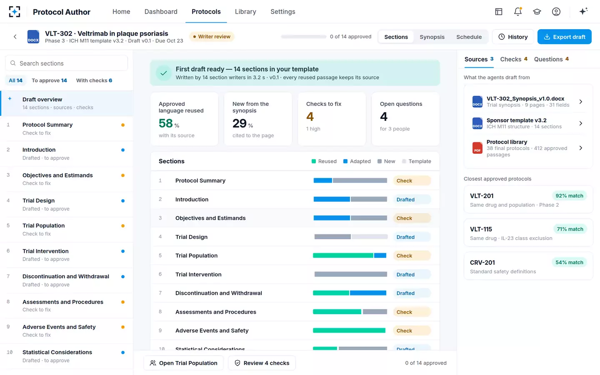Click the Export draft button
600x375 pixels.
564,37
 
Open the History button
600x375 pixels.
513,37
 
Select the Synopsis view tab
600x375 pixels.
432,37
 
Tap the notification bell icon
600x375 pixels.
518,12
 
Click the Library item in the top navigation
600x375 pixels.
245,12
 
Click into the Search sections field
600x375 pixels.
66,63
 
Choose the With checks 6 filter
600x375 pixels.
94,80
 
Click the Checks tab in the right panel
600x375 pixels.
513,59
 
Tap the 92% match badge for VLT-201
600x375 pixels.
569,196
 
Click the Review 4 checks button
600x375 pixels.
262,363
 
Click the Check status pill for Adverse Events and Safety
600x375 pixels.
412,330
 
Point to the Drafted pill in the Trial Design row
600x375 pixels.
412,237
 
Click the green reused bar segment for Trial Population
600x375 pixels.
343,255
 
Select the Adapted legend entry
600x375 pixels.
357,161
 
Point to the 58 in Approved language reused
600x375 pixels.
165,123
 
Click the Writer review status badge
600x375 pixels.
212,37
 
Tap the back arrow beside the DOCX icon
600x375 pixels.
15,37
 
